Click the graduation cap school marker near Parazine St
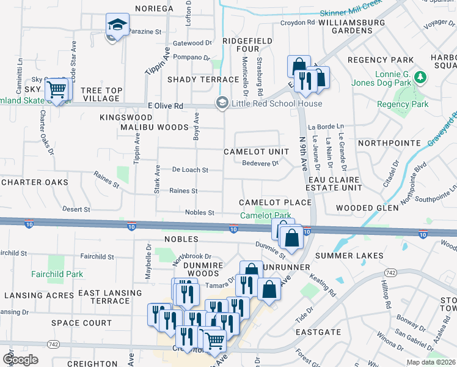pyautogui.click(x=115, y=26)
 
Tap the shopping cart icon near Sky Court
pyautogui.click(x=56, y=90)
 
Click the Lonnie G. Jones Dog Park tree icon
pyautogui.click(x=420, y=78)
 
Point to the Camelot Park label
pyautogui.click(x=265, y=216)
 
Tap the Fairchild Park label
pyautogui.click(x=57, y=275)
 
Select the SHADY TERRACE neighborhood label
pyautogui.click(x=203, y=80)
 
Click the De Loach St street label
pyautogui.click(x=190, y=169)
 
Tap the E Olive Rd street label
pyautogui.click(x=165, y=106)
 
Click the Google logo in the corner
pyautogui.click(x=20, y=360)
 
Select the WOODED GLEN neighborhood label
pyautogui.click(x=367, y=208)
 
